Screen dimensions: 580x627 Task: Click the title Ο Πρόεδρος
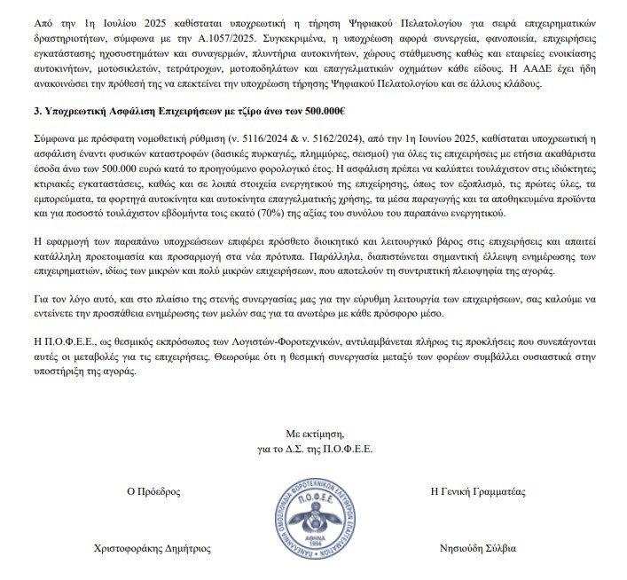pyautogui.click(x=154, y=490)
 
